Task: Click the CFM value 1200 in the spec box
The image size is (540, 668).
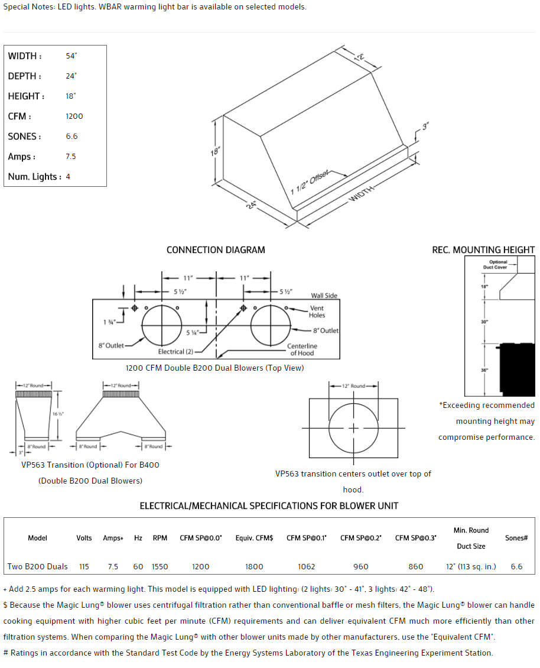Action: [x=74, y=116]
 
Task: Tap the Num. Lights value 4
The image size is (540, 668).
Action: [x=68, y=177]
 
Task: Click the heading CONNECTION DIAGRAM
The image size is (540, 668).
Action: [x=216, y=250]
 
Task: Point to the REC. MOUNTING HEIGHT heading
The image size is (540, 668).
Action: [x=483, y=250]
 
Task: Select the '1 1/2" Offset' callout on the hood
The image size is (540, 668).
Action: [x=309, y=182]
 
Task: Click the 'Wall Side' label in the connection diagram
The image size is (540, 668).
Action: [x=324, y=296]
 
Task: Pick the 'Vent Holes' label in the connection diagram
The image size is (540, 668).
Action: [x=317, y=312]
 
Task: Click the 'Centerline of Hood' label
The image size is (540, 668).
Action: [x=302, y=349]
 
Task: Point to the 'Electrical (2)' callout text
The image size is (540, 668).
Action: [x=175, y=352]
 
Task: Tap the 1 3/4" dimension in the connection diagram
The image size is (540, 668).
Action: [x=109, y=322]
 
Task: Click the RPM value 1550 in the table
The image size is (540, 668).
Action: [x=160, y=566]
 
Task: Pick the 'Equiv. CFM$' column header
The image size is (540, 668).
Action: [x=254, y=538]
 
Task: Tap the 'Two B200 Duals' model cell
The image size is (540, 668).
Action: [x=37, y=566]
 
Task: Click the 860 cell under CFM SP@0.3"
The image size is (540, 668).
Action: [x=416, y=566]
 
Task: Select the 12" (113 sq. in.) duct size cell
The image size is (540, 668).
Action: [x=471, y=566]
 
